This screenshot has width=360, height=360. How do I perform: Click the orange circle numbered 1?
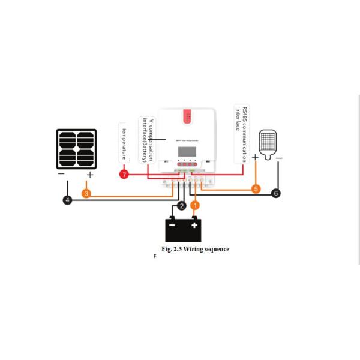click(x=194, y=205)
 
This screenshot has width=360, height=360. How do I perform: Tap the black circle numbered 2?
click(x=181, y=206)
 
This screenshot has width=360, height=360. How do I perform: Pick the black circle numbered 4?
click(x=68, y=200)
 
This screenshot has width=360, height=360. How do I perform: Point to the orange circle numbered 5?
click(x=256, y=189)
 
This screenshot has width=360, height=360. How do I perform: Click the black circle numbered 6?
click(x=276, y=193)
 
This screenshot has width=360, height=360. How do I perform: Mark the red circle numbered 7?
click(x=124, y=175)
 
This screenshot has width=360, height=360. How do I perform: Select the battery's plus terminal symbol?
click(x=194, y=226)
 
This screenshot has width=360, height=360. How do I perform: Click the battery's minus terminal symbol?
click(x=173, y=226)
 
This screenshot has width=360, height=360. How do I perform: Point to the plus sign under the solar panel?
click(x=90, y=175)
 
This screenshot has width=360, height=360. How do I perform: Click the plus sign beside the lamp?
click(x=255, y=157)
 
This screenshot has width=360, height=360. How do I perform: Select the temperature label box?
click(x=124, y=142)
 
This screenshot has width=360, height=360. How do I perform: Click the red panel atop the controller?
click(x=187, y=116)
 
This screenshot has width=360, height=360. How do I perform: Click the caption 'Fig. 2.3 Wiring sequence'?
click(x=195, y=249)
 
